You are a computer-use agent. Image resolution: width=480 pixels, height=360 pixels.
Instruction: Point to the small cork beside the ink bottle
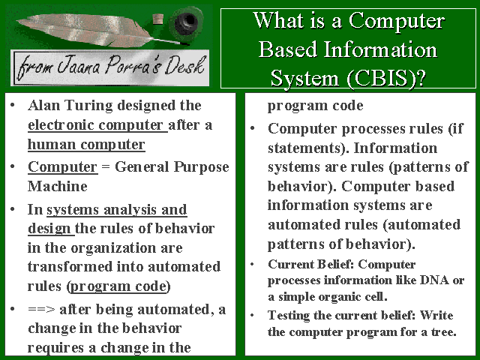coord(158,19)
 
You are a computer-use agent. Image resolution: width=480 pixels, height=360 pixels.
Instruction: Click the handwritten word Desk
coord(184,65)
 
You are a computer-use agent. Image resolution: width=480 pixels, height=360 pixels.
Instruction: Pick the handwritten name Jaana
coord(79,65)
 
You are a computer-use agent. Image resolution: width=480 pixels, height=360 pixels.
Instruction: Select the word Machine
coord(58,186)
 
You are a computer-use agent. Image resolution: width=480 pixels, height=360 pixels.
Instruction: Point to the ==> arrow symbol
coord(41,309)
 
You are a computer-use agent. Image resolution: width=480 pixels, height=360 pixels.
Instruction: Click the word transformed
coord(70,267)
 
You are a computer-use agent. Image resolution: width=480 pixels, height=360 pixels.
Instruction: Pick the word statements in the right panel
coord(308,148)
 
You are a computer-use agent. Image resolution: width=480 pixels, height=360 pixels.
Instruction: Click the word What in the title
coord(278,20)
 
